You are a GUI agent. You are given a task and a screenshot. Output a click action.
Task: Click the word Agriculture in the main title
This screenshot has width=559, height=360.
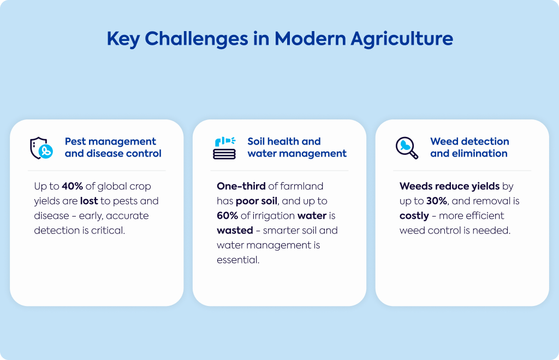pyautogui.click(x=402, y=39)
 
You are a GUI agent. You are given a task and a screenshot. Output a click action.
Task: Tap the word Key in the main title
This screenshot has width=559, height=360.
pyautogui.click(x=123, y=39)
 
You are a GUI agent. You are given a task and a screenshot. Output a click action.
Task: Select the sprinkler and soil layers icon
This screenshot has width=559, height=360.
pyautogui.click(x=224, y=148)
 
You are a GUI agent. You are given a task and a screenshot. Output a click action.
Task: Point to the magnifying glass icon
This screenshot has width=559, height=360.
pyautogui.click(x=407, y=148)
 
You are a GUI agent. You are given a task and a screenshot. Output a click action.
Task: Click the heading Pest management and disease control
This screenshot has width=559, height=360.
pyautogui.click(x=113, y=147)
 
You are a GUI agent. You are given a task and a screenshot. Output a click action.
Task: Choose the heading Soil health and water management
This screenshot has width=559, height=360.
pyautogui.click(x=297, y=147)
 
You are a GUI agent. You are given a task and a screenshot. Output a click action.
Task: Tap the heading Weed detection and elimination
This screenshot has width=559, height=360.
pyautogui.click(x=469, y=147)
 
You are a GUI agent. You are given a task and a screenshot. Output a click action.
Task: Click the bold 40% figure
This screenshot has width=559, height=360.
pyautogui.click(x=73, y=186)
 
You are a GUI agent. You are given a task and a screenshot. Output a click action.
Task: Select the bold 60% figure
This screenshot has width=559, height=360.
pyautogui.click(x=228, y=216)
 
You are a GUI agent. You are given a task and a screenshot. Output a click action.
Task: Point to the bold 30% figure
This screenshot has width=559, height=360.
pyautogui.click(x=437, y=201)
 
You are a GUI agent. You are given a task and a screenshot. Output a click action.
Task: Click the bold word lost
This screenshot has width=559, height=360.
pyautogui.click(x=89, y=201)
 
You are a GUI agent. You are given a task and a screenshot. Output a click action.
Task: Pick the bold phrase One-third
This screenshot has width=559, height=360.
pyautogui.click(x=241, y=186)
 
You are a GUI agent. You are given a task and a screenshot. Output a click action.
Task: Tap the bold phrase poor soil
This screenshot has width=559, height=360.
pyautogui.click(x=257, y=201)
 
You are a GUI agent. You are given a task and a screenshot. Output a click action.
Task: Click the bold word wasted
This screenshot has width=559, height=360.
pyautogui.click(x=235, y=230)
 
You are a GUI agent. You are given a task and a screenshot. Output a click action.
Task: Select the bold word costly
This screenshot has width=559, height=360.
pyautogui.click(x=414, y=216)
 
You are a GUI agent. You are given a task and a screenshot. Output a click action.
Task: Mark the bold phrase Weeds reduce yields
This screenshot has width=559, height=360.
pyautogui.click(x=450, y=187)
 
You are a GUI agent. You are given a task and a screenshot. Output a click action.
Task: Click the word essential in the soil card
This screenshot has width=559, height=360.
pyautogui.click(x=238, y=260)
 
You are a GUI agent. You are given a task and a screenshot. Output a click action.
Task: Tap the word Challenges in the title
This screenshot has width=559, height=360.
pyautogui.click(x=197, y=39)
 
